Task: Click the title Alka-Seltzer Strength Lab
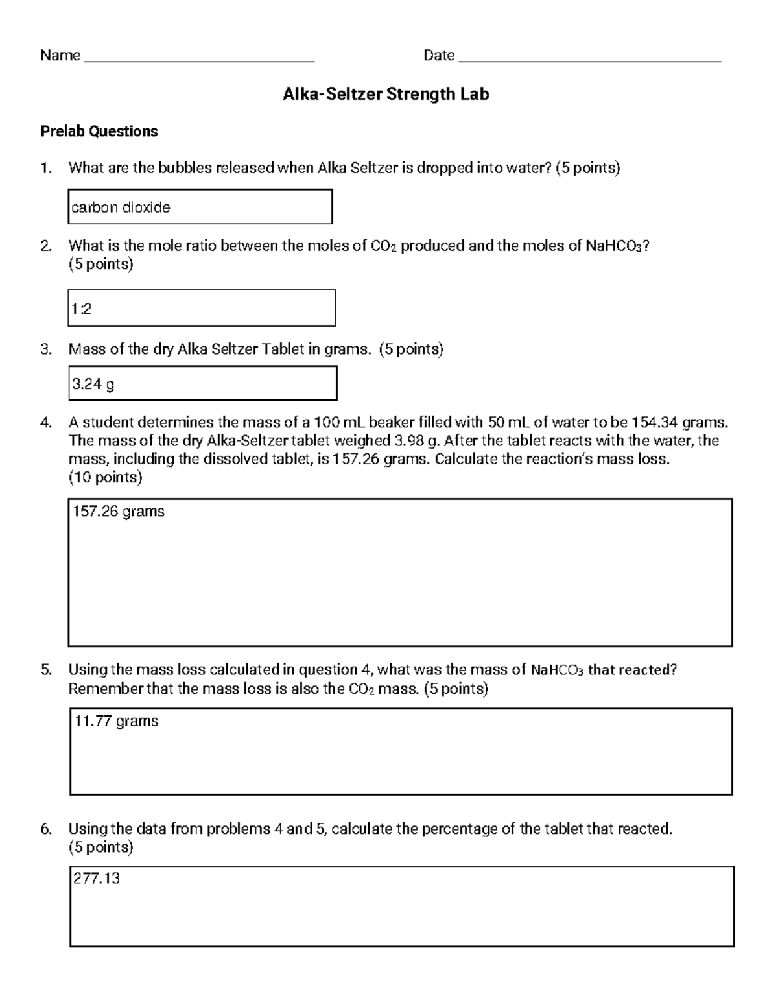tap(386, 95)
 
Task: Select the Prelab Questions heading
tap(99, 132)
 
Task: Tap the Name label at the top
tap(60, 56)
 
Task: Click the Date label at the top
tap(438, 56)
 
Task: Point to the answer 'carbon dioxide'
tap(121, 207)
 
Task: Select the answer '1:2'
tap(81, 309)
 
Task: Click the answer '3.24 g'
tap(93, 385)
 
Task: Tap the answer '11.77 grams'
tap(116, 721)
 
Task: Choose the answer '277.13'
tap(97, 879)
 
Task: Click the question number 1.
tap(45, 169)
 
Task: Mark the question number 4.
tap(45, 423)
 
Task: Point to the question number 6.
tap(45, 829)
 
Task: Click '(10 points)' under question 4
tap(105, 478)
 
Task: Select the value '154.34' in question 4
tap(655, 423)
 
